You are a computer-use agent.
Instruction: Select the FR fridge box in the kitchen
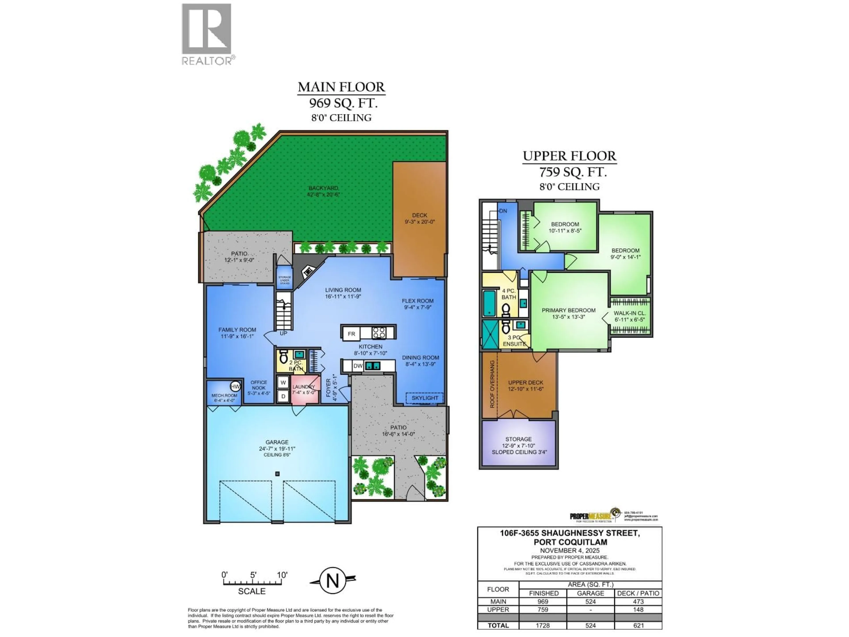click(x=351, y=334)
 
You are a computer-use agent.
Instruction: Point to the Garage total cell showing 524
click(x=590, y=625)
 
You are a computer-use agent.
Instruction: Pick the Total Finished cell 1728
click(x=543, y=625)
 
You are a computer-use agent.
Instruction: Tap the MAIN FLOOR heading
click(x=341, y=87)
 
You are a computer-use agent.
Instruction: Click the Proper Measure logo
click(x=594, y=515)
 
